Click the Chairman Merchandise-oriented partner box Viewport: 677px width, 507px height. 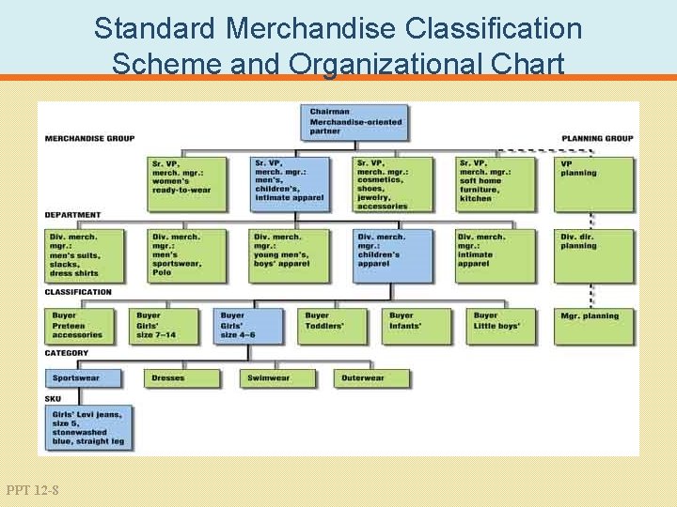(x=357, y=122)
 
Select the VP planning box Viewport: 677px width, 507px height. (x=593, y=182)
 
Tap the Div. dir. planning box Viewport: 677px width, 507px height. (x=593, y=255)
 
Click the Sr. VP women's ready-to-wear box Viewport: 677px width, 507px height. (x=186, y=182)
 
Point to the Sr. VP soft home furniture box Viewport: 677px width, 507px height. (x=495, y=182)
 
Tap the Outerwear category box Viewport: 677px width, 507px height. (x=371, y=378)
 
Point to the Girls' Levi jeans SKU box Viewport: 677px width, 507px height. (x=87, y=426)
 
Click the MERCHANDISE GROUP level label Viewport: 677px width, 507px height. (x=89, y=139)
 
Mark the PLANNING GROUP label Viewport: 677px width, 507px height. (x=597, y=139)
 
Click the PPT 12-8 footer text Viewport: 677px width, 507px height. (x=32, y=489)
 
